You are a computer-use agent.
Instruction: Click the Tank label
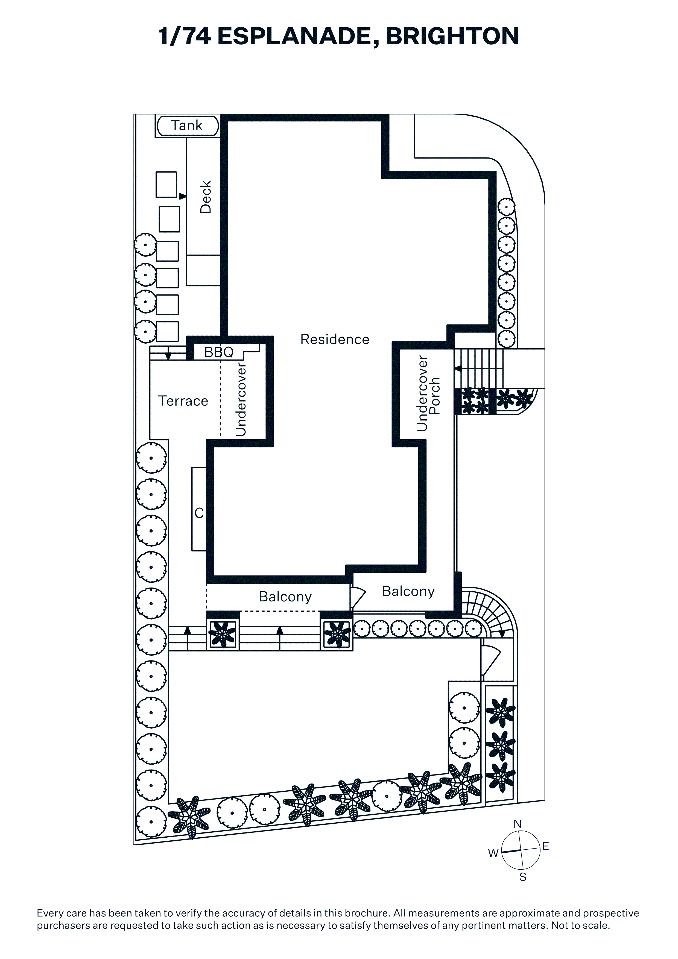186,125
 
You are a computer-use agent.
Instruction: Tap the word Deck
206,197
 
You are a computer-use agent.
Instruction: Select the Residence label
335,339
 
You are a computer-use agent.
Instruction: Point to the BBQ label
218,352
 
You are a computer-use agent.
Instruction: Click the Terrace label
183,401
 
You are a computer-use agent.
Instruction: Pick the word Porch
434,396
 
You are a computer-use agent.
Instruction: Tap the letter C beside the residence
199,513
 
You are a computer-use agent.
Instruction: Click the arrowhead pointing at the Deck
183,196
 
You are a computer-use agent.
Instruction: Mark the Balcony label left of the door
285,597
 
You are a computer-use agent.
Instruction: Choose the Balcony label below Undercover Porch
408,591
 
